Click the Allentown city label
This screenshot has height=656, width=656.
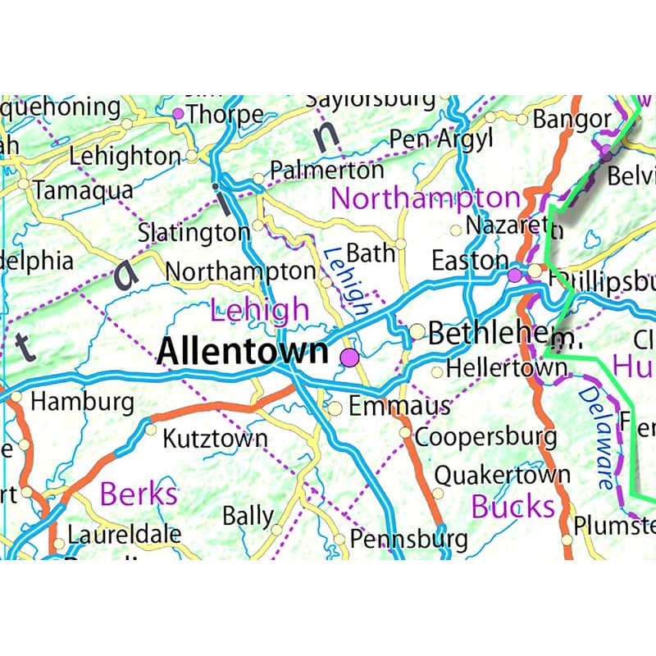pos(242,351)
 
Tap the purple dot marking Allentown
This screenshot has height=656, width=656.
pos(350,357)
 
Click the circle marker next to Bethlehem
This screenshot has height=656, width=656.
pos(417,331)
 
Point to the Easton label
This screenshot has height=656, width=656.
pos(470,261)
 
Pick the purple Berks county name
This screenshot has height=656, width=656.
pos(139,494)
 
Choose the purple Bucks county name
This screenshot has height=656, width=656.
pos(512,507)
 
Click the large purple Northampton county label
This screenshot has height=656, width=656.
pos(425,198)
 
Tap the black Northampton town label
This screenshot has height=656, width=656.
pos(240,271)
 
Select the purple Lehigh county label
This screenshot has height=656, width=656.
pos(260,310)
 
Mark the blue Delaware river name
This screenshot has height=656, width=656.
pos(596,438)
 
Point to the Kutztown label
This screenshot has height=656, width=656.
pos(215,438)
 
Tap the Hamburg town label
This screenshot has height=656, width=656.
pos(82,402)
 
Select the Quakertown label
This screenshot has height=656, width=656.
pos(502,474)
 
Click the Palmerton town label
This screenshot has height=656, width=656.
pos(326,171)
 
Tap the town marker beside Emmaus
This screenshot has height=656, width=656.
pos(335,408)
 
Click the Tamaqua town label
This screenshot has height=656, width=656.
pos(83,190)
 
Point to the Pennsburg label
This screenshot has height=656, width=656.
pos(408,539)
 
